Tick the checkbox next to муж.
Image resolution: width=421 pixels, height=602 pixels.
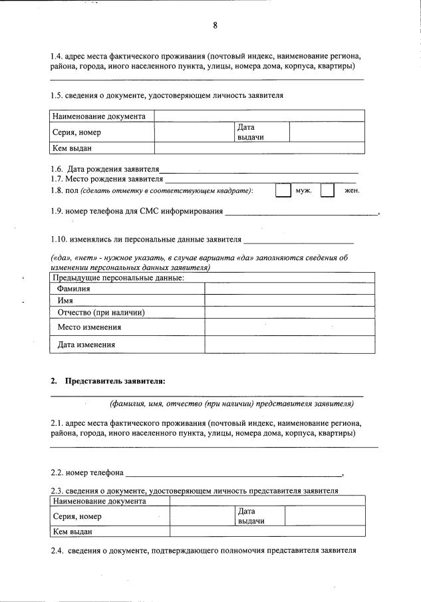click(283, 191)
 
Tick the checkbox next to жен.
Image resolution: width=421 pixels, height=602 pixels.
click(327, 191)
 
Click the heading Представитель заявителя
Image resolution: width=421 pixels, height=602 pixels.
click(114, 380)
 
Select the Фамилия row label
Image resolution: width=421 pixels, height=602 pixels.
click(74, 289)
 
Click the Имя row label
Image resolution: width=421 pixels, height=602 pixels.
click(65, 301)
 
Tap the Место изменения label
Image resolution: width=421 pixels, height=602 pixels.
click(89, 327)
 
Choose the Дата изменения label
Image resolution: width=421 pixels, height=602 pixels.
click(86, 345)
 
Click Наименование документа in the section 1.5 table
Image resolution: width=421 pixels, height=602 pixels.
click(98, 116)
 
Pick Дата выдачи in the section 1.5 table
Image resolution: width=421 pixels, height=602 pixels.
click(246, 132)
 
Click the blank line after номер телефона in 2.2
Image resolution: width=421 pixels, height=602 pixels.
click(233, 473)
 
